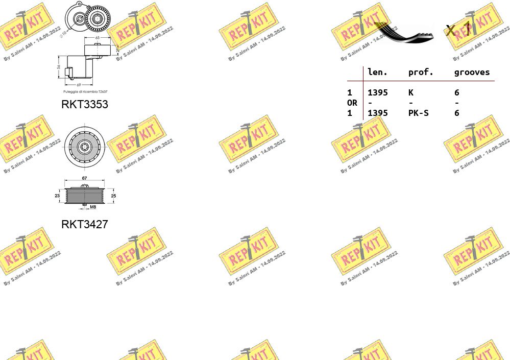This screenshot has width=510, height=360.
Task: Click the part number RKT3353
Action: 85,104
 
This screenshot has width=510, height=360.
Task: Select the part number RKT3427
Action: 85,224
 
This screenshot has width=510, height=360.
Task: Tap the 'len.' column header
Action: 378,72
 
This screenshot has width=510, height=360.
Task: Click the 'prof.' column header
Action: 421,72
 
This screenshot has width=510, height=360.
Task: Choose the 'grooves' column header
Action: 472,72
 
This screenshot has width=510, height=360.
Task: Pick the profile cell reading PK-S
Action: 418,113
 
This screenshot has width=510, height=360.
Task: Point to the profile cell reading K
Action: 411,92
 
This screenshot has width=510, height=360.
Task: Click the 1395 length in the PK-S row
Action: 378,113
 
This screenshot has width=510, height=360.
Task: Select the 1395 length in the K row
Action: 378,92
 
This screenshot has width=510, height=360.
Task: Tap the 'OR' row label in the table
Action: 352,103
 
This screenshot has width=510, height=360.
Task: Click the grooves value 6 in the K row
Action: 457,92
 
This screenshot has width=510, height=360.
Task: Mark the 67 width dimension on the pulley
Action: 85,178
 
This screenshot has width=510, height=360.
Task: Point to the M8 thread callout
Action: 93,207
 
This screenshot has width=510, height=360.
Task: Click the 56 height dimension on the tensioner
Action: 59,67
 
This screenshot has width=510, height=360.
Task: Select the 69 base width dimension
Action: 79,85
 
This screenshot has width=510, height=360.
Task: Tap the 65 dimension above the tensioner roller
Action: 97,38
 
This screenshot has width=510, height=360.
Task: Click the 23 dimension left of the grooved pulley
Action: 57,196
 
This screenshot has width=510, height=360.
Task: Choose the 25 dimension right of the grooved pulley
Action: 113,196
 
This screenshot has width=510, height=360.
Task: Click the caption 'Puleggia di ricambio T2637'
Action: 85,92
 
